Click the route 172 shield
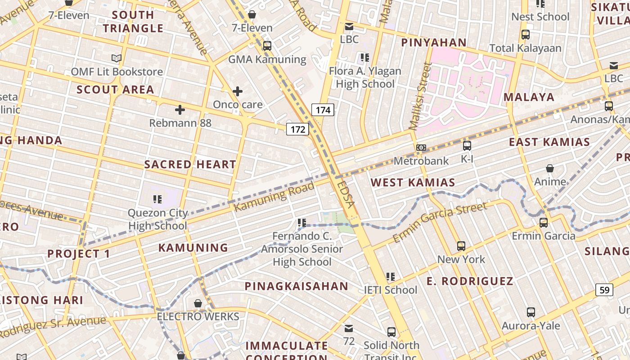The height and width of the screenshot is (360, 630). tap(297, 130)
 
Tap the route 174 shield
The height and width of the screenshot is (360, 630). tap(323, 110)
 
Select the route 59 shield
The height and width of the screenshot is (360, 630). tap(604, 290)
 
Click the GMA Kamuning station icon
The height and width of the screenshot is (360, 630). tap(267, 46)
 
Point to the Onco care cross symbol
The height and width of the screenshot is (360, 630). tap(238, 92)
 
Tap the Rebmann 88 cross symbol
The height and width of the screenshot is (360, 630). tap(180, 110)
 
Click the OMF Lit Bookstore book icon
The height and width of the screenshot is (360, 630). tap(117, 58)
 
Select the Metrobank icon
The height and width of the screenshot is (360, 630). tap(421, 148)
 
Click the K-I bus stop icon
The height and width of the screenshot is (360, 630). tap(467, 146)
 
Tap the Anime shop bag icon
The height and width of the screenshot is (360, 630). tap(550, 169)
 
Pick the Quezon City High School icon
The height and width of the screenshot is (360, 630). tap(157, 199)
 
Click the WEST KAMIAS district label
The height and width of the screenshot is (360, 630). tap(413, 182)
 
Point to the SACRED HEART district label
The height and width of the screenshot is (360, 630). tap(190, 165)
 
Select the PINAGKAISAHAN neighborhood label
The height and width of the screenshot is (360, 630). tap(297, 286)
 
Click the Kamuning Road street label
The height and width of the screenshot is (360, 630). tap(274, 197)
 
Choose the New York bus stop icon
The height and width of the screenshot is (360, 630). tap(461, 246)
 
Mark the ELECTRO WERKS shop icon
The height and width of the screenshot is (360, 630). tap(198, 304)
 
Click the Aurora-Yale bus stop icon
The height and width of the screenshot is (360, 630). tap(531, 312)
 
